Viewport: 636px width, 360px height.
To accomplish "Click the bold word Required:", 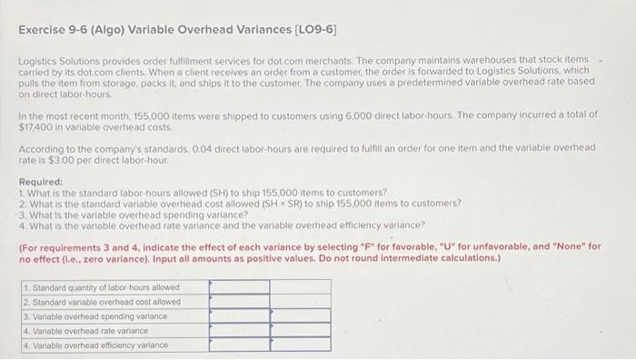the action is (x=41, y=181).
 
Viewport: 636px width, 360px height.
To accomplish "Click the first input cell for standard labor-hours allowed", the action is (x=239, y=287).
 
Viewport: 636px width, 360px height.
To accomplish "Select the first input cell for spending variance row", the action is (x=239, y=315).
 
